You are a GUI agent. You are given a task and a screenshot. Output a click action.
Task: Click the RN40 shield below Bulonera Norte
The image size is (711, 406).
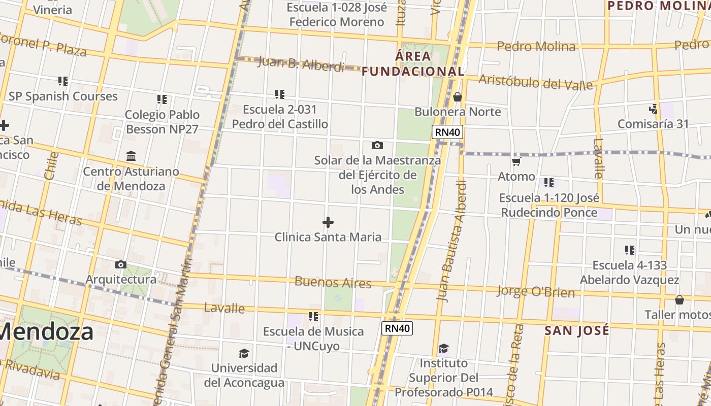(447, 132)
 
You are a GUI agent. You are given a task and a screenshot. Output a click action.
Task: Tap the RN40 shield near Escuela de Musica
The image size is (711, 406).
(397, 328)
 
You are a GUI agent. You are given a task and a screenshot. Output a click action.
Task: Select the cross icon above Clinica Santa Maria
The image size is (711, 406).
(328, 222)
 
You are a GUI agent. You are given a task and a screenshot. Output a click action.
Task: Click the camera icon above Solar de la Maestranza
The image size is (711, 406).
(377, 146)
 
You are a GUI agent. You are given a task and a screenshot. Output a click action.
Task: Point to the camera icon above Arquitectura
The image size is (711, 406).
(121, 264)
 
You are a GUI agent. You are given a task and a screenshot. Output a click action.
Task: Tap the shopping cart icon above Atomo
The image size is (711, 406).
(516, 162)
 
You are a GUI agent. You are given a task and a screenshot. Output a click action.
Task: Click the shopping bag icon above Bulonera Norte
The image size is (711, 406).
(458, 96)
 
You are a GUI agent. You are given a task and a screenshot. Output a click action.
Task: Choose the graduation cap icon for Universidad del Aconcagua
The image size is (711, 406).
(244, 353)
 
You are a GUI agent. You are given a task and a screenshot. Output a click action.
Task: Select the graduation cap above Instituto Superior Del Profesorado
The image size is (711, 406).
(444, 348)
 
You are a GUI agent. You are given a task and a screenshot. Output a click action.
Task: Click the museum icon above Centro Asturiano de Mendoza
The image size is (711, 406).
(131, 156)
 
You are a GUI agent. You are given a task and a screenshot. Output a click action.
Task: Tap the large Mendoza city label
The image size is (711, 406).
(47, 332)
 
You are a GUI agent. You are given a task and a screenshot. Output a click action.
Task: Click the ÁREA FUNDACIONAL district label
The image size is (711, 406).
(413, 63)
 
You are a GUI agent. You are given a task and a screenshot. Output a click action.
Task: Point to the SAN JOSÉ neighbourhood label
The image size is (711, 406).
(577, 331)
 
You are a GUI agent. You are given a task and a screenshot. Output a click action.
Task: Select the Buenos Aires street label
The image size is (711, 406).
(333, 282)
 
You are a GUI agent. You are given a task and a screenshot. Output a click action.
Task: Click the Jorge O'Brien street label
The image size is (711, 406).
(536, 292)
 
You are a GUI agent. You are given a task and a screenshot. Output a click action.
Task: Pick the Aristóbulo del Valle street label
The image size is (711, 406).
(536, 82)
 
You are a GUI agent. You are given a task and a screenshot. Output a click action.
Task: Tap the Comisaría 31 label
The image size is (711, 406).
(653, 124)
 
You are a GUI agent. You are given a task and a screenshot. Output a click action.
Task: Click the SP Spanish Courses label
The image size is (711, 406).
(63, 96)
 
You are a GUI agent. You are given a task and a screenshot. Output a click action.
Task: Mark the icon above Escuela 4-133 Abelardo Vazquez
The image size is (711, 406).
(630, 250)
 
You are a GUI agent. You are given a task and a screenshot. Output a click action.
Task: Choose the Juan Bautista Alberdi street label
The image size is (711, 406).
(451, 242)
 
